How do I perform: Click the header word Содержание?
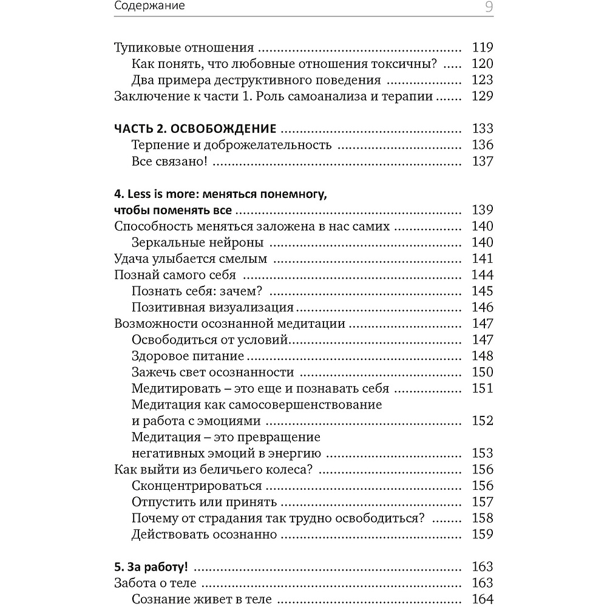(149, 7)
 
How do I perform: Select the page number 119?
(483, 48)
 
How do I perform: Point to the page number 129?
(483, 96)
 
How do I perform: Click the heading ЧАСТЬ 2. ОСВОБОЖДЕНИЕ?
(195, 129)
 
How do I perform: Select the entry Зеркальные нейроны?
(197, 243)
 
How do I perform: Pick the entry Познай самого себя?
(175, 275)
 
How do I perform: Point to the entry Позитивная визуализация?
(212, 307)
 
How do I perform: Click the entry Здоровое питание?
(188, 356)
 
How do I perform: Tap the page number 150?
(483, 372)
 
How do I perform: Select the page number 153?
(483, 453)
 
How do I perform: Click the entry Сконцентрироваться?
(197, 486)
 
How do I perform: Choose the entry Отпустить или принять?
(204, 502)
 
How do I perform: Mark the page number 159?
(483, 534)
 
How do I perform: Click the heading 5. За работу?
(151, 568)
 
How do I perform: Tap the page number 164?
(483, 600)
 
